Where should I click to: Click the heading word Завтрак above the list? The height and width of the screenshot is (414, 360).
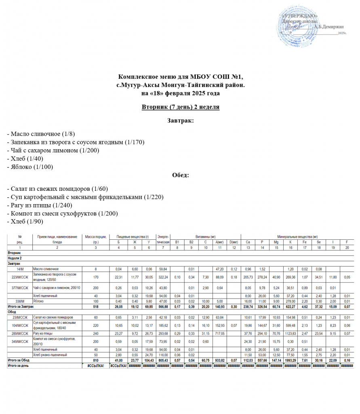tap(180, 120)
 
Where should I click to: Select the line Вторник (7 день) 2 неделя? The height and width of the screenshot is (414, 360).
tap(180, 107)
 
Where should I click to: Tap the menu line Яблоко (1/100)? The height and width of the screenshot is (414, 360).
tap(30, 167)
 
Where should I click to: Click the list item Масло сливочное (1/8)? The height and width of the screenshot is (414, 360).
tap(41, 134)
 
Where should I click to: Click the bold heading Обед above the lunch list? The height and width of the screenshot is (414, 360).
tap(180, 175)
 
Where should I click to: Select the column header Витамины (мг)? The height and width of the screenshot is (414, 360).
tap(205, 236)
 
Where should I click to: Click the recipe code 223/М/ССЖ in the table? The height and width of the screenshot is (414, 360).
tap(20, 277)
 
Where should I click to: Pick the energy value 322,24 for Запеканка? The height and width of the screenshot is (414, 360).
tap(163, 277)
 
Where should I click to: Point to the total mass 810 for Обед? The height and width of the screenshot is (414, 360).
tap(95, 360)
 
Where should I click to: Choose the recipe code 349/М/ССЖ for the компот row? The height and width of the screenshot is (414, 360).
tap(20, 342)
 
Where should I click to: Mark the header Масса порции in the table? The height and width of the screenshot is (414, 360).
tap(95, 236)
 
